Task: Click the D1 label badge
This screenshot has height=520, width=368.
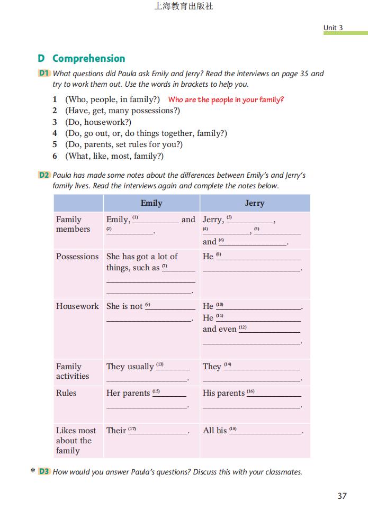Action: [44, 74]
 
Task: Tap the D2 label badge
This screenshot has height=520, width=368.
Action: [44, 175]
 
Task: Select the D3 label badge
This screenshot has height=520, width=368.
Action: [44, 472]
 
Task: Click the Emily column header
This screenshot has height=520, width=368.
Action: [151, 203]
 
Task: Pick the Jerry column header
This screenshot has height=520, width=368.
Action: [254, 203]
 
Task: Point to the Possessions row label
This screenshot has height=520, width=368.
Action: [77, 257]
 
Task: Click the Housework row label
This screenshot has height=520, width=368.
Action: [77, 306]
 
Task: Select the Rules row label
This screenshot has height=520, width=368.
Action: [66, 393]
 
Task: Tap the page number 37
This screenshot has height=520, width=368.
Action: [342, 496]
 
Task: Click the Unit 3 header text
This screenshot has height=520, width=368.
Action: [333, 28]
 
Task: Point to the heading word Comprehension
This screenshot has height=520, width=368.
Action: [88, 59]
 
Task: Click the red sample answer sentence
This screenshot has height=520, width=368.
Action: [226, 99]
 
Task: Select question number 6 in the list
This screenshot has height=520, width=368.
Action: [55, 156]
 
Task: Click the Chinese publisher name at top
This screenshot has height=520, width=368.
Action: [184, 7]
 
